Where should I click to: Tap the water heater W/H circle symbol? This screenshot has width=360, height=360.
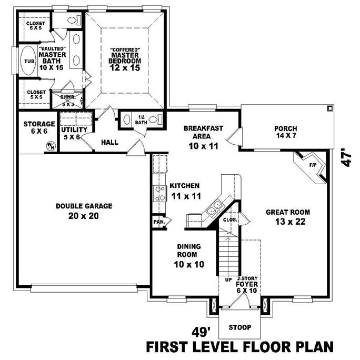[51, 146]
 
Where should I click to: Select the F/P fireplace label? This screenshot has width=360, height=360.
[312, 165]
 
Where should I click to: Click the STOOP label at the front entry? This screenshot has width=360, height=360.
[239, 327]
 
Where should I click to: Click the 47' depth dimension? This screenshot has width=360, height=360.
[345, 157]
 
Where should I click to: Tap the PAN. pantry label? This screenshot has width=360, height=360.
[159, 222]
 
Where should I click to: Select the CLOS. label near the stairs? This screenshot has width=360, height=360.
[229, 219]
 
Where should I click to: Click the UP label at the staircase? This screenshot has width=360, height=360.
[229, 279]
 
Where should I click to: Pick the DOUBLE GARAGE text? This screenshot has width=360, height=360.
[84, 206]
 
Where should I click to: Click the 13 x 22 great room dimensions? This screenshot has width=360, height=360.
[287, 222]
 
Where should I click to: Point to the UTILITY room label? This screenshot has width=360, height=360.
[74, 129]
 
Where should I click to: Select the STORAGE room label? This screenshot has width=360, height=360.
[39, 124]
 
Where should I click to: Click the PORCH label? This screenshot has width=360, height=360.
[286, 128]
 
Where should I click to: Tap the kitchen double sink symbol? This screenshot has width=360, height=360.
[215, 210]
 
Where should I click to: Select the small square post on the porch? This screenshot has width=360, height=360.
[329, 108]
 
